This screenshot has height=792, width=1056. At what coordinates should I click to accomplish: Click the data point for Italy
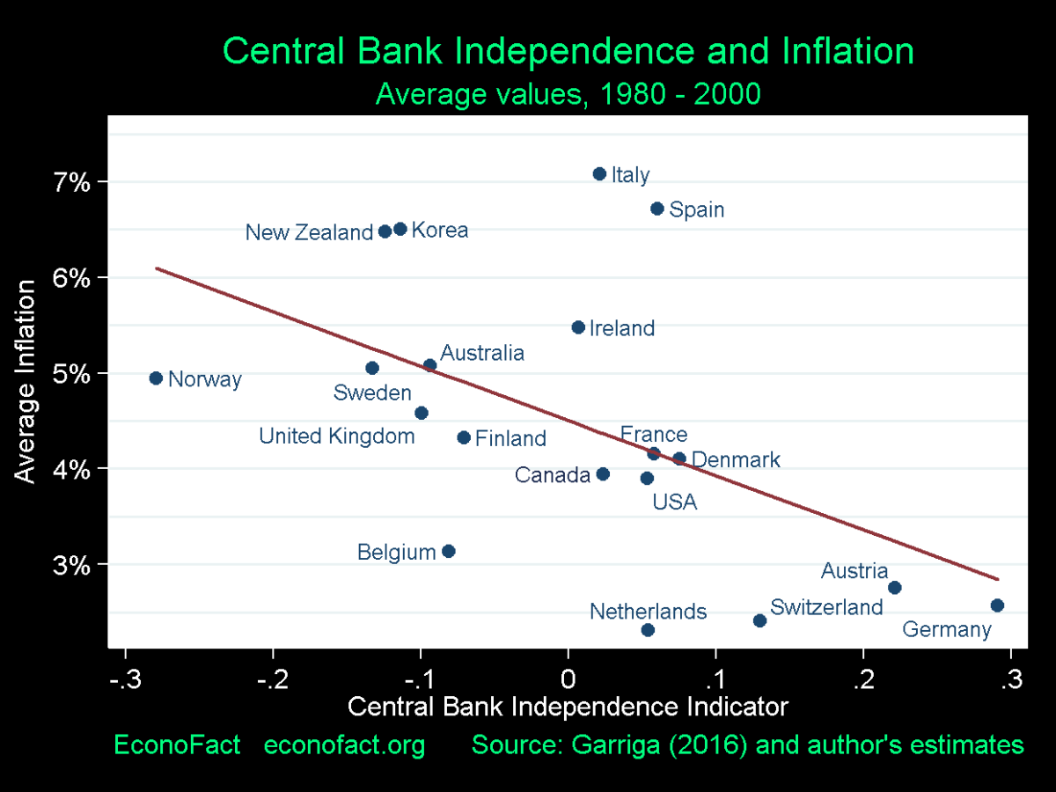599,174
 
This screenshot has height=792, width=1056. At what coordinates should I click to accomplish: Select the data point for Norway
156,378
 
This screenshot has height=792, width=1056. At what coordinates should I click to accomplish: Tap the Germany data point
997,605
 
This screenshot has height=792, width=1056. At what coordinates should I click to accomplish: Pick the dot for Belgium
448,552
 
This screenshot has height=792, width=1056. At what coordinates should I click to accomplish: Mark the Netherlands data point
648,630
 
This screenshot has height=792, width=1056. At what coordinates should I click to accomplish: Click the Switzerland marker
760,620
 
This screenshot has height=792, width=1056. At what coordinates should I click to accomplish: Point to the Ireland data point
578,327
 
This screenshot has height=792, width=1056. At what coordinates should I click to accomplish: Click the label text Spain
696,210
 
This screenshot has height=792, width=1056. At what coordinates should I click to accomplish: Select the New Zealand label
309,233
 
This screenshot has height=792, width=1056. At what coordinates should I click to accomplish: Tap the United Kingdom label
336,436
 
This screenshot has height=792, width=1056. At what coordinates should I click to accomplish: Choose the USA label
674,502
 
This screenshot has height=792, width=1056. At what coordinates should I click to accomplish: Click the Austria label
854,571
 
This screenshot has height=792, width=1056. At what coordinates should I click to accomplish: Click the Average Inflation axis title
26,381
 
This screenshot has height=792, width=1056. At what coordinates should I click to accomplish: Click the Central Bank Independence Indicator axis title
568,708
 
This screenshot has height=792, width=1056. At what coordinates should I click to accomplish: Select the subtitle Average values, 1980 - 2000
568,93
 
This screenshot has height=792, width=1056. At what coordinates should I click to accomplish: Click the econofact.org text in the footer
345,745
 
